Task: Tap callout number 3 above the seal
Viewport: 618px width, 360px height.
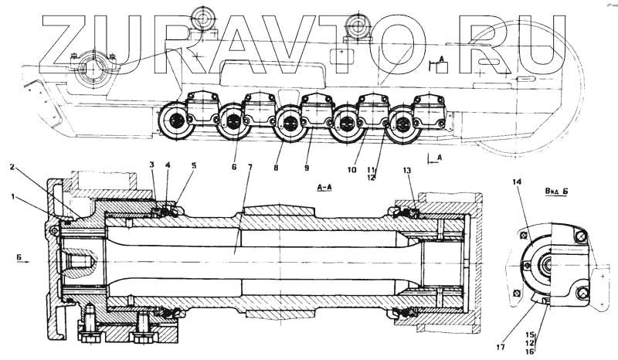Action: click(152, 165)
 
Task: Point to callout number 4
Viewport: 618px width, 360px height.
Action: click(169, 165)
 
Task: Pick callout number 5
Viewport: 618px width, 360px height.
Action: click(193, 165)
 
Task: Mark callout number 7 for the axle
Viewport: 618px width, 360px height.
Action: click(250, 168)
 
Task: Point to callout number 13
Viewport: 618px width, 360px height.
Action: click(408, 170)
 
